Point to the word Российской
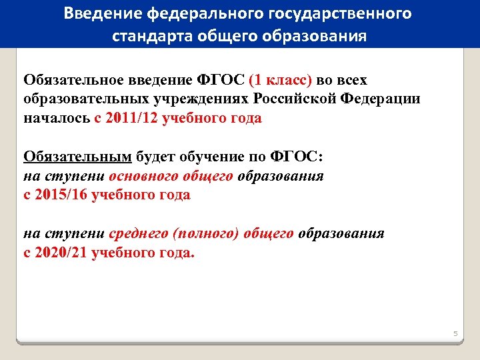point(295,99)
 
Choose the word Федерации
point(381,99)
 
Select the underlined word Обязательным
point(78,157)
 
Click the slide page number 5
point(456,333)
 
